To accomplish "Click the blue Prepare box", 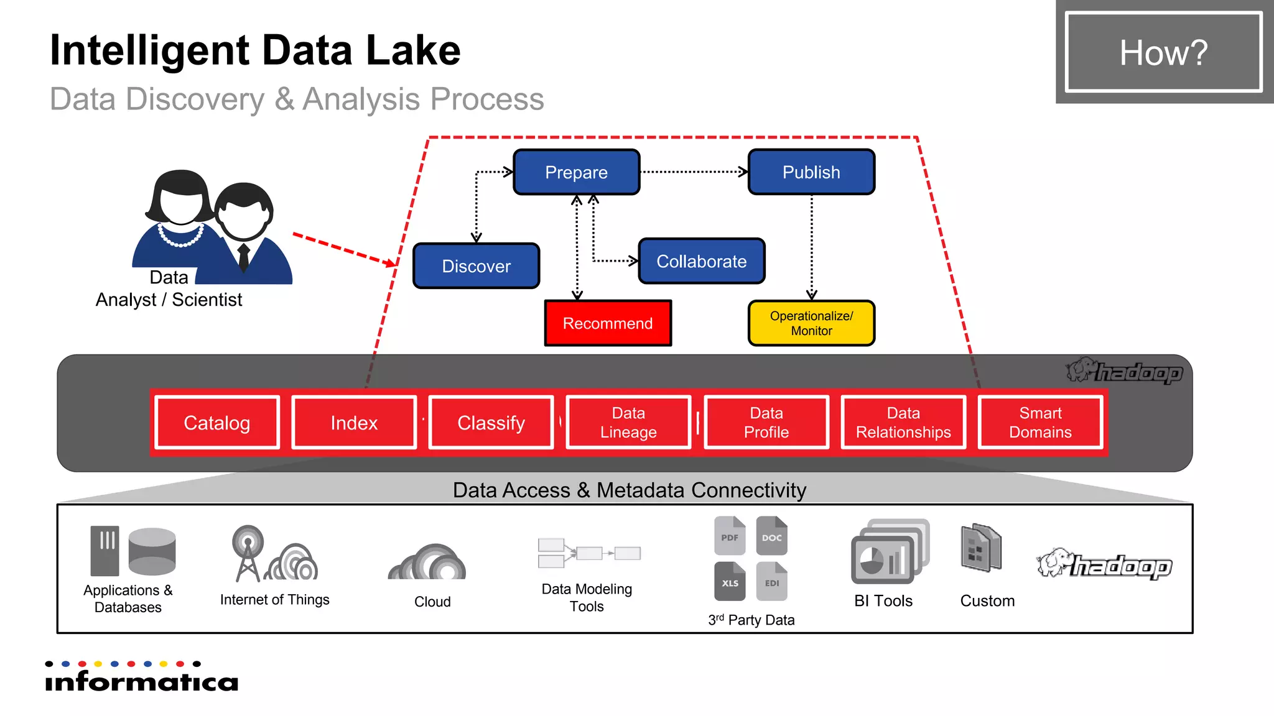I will [x=576, y=172].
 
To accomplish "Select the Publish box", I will [x=811, y=172].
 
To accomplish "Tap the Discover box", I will [x=476, y=266].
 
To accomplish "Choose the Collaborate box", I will [x=701, y=261].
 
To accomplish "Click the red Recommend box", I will [x=608, y=323].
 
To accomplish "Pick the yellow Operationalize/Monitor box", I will [x=811, y=323].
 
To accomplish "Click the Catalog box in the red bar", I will [x=217, y=423].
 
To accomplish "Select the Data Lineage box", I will [x=628, y=423].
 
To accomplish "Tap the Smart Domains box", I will [x=1040, y=423].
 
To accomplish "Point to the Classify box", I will [x=491, y=423].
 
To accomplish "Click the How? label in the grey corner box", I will [x=1163, y=52].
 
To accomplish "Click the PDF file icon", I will [x=730, y=536].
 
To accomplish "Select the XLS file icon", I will [x=730, y=582].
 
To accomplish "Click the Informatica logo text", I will [x=142, y=681].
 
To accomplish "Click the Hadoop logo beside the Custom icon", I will [x=1105, y=564].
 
